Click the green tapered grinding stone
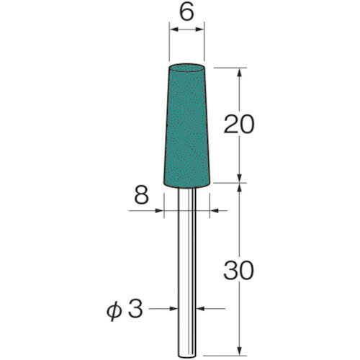186,130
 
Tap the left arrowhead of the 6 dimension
172,31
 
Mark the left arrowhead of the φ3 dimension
174,310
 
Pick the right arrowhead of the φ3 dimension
199,310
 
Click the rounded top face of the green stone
186,68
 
